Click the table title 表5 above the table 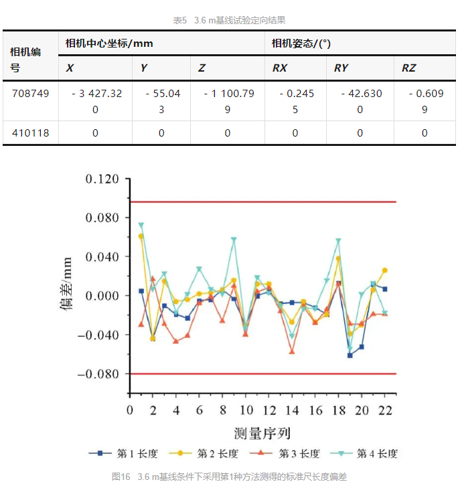pos(230,20)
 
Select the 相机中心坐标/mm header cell pos(109,44)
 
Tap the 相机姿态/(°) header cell pos(301,44)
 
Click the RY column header pos(341,68)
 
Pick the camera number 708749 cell pos(30,94)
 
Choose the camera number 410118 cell pos(30,133)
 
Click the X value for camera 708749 pos(96,100)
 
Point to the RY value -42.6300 pos(360,100)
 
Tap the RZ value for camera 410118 pos(425,133)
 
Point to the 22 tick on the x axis pos(385,409)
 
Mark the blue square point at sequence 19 pos(350,355)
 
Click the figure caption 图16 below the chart pos(229,477)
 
